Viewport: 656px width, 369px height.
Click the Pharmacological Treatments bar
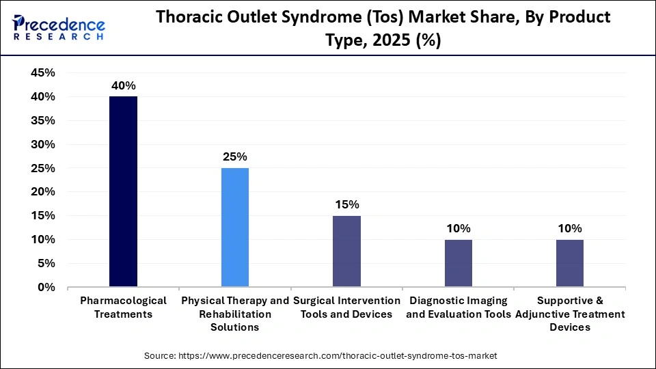123,191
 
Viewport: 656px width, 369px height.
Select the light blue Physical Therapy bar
235,227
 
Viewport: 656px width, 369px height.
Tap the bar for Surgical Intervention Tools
346,251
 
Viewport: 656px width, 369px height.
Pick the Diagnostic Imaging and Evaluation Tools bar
458,263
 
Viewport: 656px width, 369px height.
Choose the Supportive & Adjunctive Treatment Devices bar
569,263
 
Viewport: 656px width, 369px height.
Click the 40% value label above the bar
124,86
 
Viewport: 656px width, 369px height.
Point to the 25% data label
235,157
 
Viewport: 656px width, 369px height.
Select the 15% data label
346,205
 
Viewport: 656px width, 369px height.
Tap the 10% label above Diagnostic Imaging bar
458,228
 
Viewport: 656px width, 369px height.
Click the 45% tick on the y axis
42,73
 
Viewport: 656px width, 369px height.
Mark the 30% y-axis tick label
42,145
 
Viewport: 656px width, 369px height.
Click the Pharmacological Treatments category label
123,307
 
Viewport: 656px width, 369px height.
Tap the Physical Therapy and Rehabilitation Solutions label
235,314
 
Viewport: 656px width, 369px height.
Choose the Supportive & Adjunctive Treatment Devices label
569,314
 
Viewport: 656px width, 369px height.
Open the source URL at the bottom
321,356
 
